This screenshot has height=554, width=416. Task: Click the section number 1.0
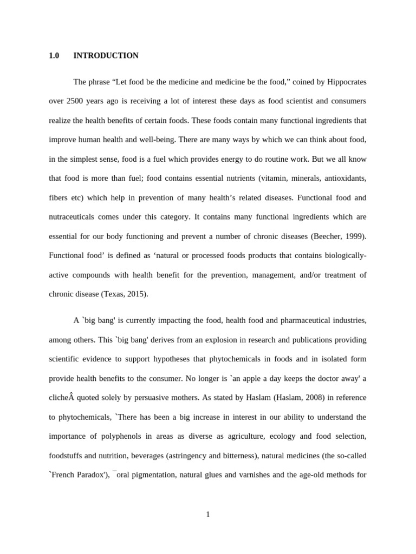coord(54,56)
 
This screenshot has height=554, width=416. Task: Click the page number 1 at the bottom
coord(207,515)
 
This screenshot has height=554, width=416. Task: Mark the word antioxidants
coord(345,179)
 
